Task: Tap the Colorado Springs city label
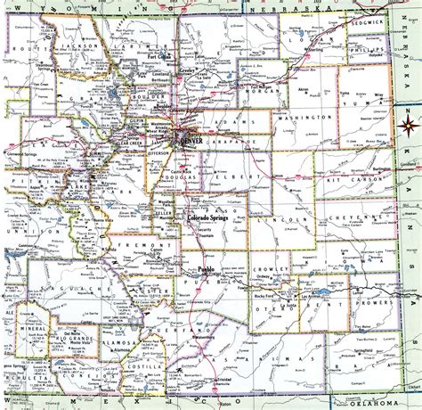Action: click(210, 216)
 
